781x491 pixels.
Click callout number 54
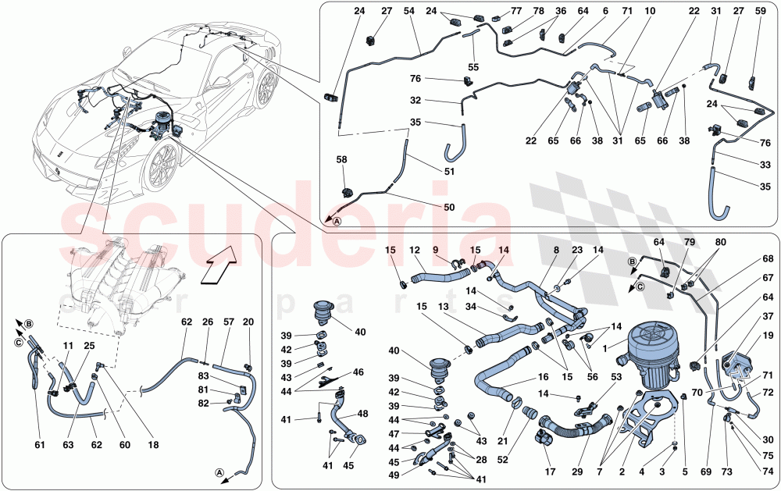[409, 11]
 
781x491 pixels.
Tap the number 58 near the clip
[341, 160]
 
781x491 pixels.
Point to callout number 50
[449, 207]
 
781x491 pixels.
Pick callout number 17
[550, 471]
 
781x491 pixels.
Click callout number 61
[39, 445]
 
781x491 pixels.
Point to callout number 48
[362, 413]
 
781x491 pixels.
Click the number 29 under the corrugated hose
[577, 471]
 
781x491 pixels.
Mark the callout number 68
[768, 259]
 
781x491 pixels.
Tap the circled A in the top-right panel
[337, 221]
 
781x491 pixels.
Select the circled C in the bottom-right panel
[640, 286]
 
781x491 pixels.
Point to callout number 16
[543, 377]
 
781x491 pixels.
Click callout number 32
[415, 100]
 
